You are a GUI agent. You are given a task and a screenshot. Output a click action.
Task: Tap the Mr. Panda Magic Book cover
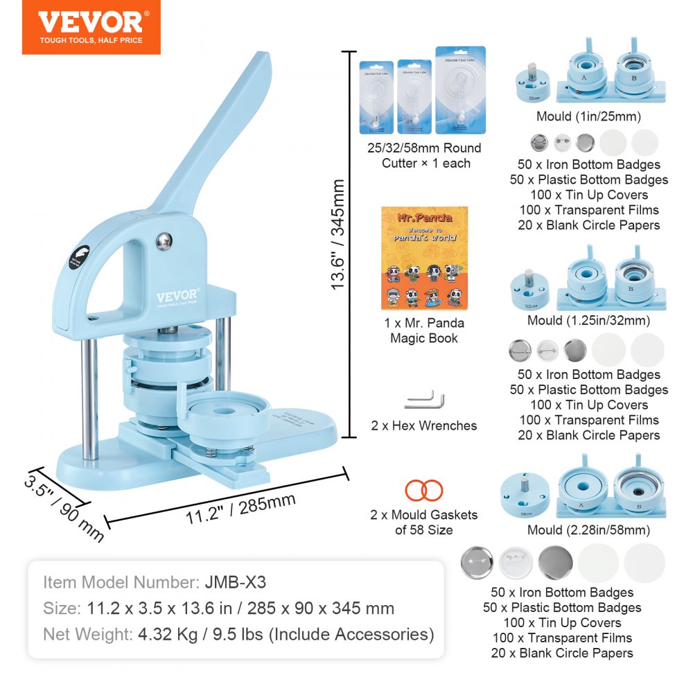(x=424, y=258)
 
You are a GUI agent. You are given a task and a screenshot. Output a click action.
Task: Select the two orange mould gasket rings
(x=424, y=491)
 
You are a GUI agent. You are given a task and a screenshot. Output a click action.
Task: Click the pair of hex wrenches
(x=424, y=400)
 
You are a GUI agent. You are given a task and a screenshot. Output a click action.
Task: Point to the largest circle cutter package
(x=460, y=90)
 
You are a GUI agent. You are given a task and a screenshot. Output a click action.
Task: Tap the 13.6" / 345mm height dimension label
(x=337, y=234)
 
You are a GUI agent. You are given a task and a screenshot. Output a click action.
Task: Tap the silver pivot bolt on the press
(x=162, y=241)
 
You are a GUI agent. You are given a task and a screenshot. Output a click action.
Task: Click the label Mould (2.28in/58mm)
(x=588, y=530)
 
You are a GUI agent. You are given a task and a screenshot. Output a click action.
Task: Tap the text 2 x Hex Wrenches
(x=424, y=426)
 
